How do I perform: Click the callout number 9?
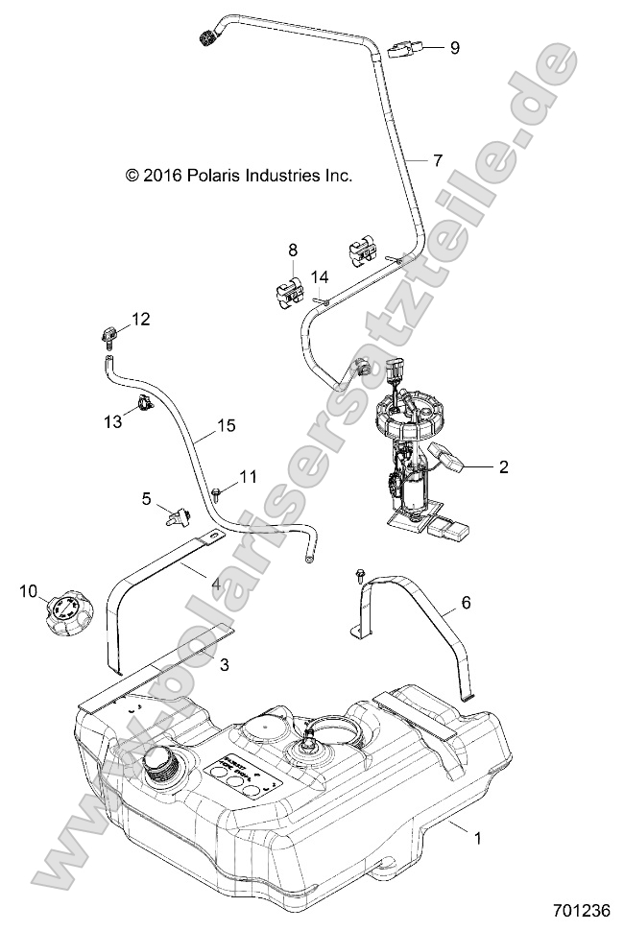point(455,47)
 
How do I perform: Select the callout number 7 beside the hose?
point(438,160)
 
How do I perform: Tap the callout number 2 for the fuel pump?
point(503,468)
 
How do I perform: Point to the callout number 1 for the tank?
point(476,837)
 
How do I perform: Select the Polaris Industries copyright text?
point(239,176)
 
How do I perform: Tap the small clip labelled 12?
point(108,336)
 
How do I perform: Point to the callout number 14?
point(320,276)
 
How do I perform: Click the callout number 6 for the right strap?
point(467,603)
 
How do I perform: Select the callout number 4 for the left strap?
point(217,582)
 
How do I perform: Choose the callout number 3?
point(223,663)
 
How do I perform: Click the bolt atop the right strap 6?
point(359,574)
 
